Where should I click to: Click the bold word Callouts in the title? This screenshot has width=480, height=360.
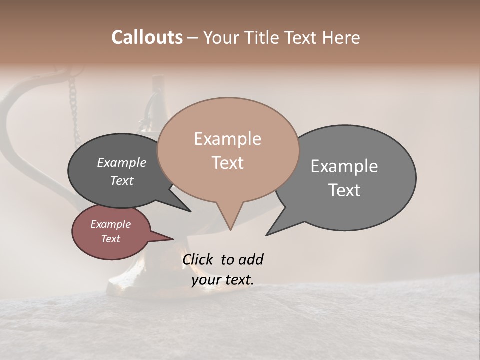tap(147, 37)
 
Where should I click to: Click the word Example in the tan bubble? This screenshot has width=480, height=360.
tap(227, 139)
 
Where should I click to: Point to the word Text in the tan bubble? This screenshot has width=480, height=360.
tap(227, 163)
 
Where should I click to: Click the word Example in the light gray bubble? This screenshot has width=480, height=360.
tap(344, 166)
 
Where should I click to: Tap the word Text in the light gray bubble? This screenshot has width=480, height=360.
tap(344, 190)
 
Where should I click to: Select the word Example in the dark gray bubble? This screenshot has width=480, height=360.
tap(121, 162)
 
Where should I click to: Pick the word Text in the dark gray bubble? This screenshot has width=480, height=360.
tap(121, 180)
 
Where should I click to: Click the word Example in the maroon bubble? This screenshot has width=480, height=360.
tap(110, 224)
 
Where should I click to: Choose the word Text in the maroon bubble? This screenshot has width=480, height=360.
tap(110, 239)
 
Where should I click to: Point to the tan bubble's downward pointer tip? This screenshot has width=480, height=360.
tap(230, 229)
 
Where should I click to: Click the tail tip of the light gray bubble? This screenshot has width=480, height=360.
tap(267, 234)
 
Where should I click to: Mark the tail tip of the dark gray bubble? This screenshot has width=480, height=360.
tap(190, 211)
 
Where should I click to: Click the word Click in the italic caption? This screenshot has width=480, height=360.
tap(198, 259)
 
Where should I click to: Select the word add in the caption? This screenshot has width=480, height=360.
tap(251, 259)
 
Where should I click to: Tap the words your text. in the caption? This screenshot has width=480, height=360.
tap(222, 279)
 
